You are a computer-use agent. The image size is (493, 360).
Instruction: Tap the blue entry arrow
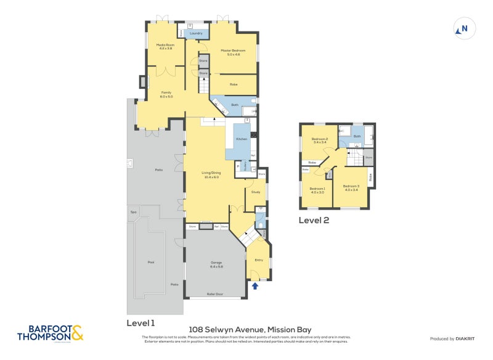(x=255, y=285)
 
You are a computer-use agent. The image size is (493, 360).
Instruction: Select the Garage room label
(x=216, y=264)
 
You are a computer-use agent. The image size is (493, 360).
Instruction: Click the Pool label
(x=151, y=262)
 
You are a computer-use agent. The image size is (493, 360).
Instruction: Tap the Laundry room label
(x=196, y=33)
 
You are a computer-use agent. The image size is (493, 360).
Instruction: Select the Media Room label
(x=165, y=46)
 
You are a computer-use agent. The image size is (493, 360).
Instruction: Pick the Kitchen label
(x=242, y=139)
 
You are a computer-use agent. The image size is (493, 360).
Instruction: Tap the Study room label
(x=256, y=192)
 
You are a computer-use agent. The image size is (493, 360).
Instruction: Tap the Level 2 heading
(x=314, y=219)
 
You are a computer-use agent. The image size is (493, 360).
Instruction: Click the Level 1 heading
(x=141, y=322)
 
